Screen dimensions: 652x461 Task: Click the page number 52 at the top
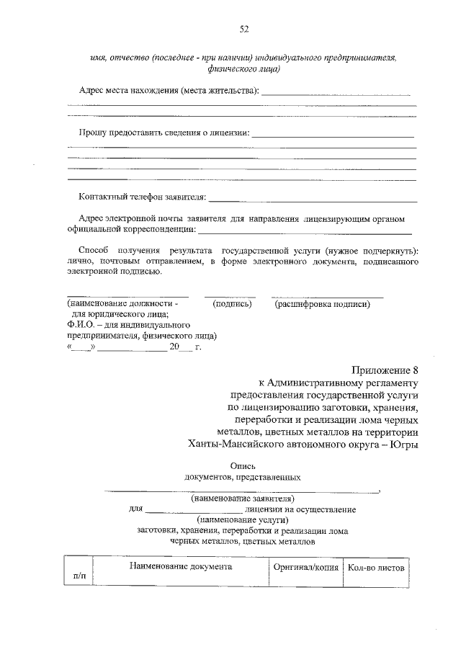243,29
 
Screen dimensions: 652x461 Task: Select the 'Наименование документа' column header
181,567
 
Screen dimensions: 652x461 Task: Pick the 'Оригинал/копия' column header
306,568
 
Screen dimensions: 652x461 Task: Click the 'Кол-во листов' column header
375,568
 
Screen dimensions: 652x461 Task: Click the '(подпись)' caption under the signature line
232,305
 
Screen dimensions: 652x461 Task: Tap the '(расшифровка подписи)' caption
322,305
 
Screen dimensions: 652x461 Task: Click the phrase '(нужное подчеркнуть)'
371,250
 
